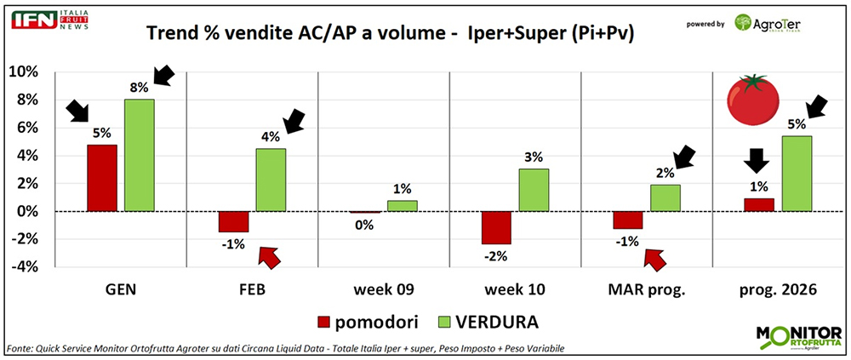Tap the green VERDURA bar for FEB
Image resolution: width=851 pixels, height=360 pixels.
point(271,179)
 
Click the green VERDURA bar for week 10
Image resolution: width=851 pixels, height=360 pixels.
point(533,189)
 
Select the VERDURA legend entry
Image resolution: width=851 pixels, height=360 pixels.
point(494,323)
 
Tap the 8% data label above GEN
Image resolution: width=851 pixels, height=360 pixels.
point(140,87)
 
